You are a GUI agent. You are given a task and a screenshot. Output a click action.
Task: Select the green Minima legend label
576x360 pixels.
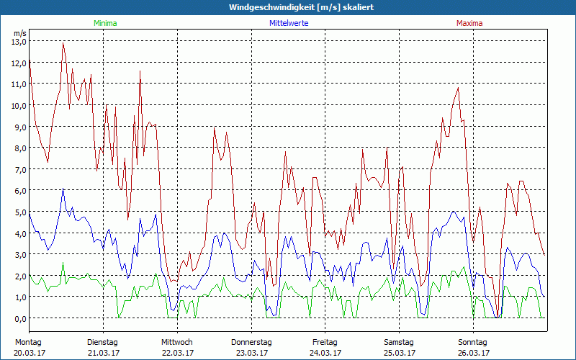[x=105, y=23]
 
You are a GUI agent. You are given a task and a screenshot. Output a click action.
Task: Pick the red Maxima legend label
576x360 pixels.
[x=469, y=23]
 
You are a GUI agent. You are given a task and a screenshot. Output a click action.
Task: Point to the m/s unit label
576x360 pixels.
[x=20, y=33]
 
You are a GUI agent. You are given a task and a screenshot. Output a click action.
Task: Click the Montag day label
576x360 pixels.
[x=28, y=342]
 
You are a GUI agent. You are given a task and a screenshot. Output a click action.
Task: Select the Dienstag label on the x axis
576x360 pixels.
[x=102, y=342]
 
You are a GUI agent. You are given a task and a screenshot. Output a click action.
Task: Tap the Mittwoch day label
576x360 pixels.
[x=177, y=342]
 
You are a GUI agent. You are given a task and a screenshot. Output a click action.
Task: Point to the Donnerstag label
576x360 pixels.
[x=251, y=342]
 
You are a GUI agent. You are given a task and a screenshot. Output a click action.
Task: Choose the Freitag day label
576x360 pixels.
[x=325, y=342]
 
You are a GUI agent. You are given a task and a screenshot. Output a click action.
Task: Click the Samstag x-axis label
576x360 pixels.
[x=399, y=342]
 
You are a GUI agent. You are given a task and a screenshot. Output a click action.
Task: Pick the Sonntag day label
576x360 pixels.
[x=473, y=342]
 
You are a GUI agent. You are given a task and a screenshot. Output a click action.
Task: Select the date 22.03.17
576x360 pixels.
[x=177, y=353]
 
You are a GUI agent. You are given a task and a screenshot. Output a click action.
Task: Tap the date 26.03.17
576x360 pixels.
[x=473, y=353]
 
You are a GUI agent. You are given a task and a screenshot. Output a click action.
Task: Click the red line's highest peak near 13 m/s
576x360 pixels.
[x=63, y=43]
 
